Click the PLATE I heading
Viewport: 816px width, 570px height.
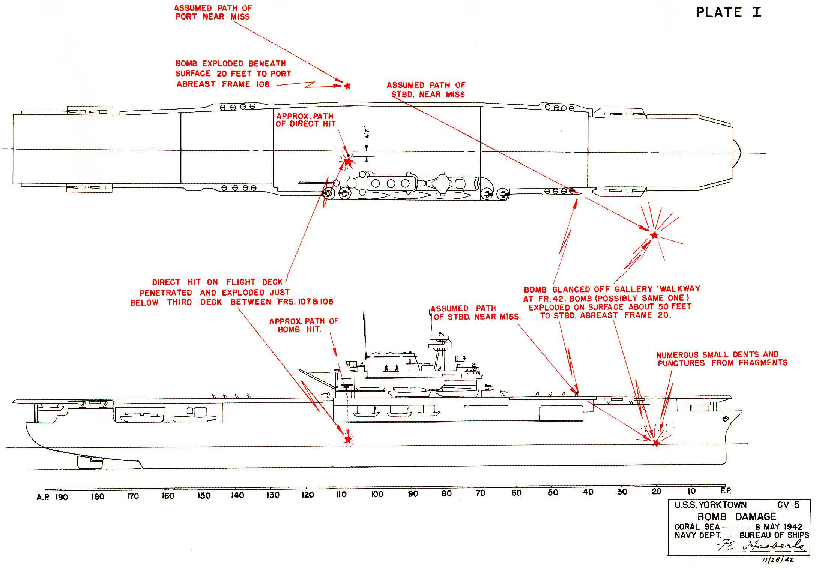click(729, 12)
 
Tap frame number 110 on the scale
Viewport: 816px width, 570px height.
click(341, 495)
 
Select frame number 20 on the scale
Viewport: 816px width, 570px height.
click(657, 492)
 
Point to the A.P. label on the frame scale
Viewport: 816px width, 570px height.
click(43, 497)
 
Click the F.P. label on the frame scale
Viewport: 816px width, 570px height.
click(726, 490)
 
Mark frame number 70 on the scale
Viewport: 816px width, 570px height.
click(481, 493)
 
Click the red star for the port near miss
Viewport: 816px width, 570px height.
click(347, 86)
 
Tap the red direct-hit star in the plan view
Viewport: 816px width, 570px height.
click(348, 162)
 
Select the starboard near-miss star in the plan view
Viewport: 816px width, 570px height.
click(654, 235)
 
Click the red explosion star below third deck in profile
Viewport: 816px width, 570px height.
click(348, 439)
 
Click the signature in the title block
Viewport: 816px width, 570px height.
click(762, 546)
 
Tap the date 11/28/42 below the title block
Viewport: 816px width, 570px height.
click(778, 560)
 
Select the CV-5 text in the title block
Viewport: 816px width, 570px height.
click(788, 505)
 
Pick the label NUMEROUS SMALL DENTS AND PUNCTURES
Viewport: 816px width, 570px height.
click(722, 358)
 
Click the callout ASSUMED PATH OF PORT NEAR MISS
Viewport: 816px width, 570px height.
click(213, 12)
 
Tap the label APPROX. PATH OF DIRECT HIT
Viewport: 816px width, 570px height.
click(305, 120)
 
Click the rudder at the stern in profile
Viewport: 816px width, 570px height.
click(90, 462)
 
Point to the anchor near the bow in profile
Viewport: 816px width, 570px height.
click(725, 418)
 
